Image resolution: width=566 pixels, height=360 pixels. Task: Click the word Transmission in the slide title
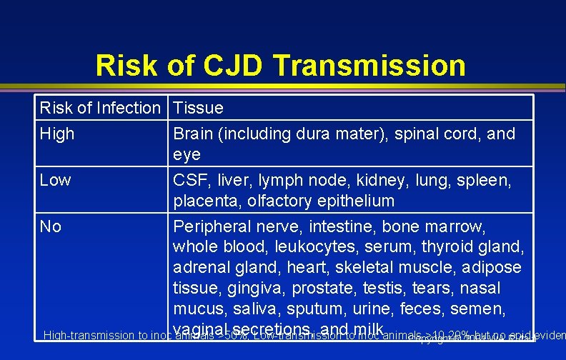(x=369, y=66)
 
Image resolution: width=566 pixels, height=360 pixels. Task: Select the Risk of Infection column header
(x=100, y=109)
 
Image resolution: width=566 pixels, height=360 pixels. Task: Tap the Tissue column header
(x=198, y=109)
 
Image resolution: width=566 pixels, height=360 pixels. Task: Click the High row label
(x=57, y=134)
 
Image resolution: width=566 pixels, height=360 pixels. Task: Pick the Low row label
(x=56, y=180)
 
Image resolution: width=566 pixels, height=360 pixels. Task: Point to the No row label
(x=51, y=226)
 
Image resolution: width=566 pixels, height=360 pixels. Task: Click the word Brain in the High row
(x=194, y=134)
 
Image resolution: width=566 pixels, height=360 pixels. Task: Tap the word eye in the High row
(x=187, y=154)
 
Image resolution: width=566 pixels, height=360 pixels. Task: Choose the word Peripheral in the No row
(x=214, y=226)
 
